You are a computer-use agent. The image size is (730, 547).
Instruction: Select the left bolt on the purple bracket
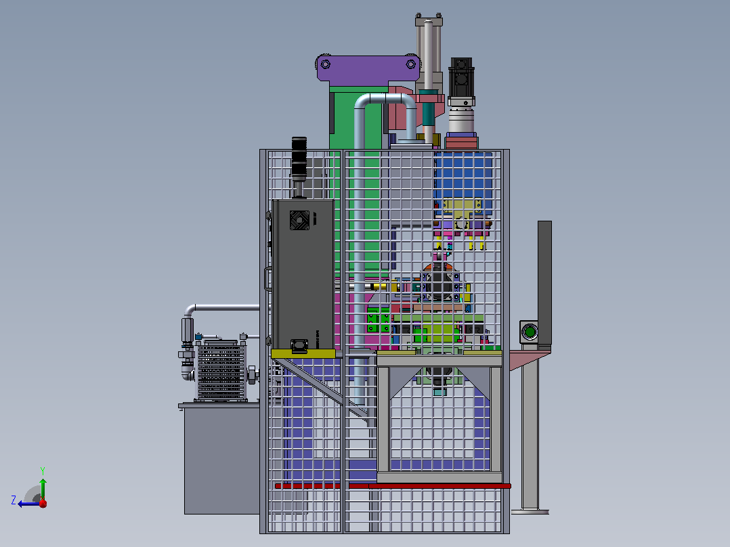click(x=326, y=64)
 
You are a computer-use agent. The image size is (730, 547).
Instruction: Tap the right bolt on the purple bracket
click(x=410, y=64)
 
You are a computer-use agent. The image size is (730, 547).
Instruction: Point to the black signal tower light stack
click(x=299, y=158)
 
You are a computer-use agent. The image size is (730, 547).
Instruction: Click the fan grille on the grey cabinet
click(x=299, y=220)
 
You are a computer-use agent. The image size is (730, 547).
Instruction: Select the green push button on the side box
click(x=530, y=332)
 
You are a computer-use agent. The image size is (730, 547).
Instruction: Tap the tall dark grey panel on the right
click(x=544, y=283)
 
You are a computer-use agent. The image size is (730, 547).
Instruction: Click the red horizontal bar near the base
click(x=393, y=486)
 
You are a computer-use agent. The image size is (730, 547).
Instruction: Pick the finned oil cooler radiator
click(x=221, y=371)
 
